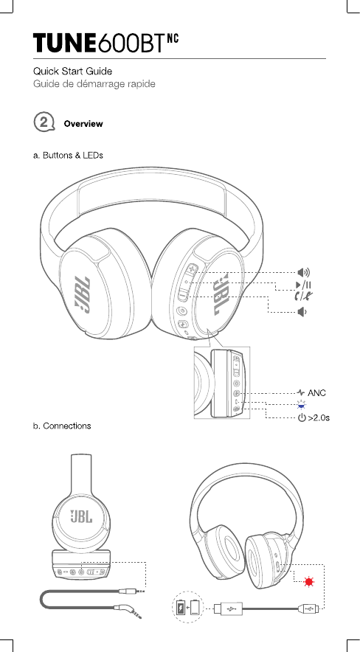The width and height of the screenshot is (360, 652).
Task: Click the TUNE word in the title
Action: tap(65, 44)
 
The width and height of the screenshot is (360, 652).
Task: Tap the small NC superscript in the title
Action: tap(173, 38)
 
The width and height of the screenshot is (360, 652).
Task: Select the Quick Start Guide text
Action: tap(72, 72)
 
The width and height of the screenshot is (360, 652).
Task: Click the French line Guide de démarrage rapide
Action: tap(94, 84)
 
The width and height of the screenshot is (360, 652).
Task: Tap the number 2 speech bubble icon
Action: tap(44, 122)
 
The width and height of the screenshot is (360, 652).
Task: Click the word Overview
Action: tap(83, 124)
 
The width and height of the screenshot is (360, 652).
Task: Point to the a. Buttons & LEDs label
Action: tap(68, 156)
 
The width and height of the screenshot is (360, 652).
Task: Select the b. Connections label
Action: tap(62, 426)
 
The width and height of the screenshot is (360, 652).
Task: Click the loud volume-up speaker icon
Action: tap(304, 273)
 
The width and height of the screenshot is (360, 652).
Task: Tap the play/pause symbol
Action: tap(304, 285)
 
